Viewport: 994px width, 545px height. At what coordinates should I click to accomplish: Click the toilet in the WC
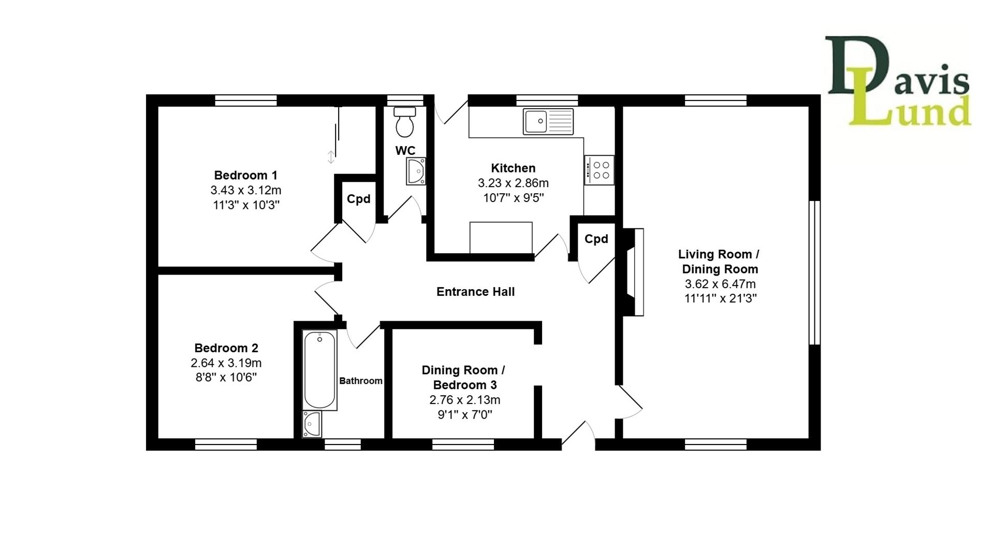[404, 122]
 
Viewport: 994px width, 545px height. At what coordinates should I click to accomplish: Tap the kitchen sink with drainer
[548, 121]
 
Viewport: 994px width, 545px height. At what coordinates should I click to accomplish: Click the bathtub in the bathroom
[320, 370]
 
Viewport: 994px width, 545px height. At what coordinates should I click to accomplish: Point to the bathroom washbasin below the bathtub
[312, 424]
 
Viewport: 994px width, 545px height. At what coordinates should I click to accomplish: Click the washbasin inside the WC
[416, 171]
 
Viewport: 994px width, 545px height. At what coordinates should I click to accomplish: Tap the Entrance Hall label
[475, 292]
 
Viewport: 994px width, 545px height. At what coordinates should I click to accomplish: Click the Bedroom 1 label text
[246, 175]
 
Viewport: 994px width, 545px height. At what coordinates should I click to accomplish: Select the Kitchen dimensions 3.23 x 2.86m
[513, 183]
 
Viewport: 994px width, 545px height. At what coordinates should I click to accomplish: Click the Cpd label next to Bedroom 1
[358, 199]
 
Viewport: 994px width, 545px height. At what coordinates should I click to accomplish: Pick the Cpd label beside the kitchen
[596, 239]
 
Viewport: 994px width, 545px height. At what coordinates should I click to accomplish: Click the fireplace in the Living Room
[635, 272]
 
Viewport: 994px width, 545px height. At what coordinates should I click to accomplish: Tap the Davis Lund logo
[898, 82]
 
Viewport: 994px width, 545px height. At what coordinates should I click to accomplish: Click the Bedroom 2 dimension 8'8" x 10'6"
[226, 377]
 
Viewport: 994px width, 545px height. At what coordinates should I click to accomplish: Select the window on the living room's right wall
[814, 272]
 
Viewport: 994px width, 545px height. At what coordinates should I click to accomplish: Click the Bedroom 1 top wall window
[246, 100]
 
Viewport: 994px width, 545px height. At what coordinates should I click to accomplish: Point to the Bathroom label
[361, 381]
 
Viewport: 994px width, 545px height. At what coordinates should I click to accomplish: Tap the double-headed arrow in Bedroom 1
[331, 156]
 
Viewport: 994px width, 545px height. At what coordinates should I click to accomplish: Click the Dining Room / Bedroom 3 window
[463, 444]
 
